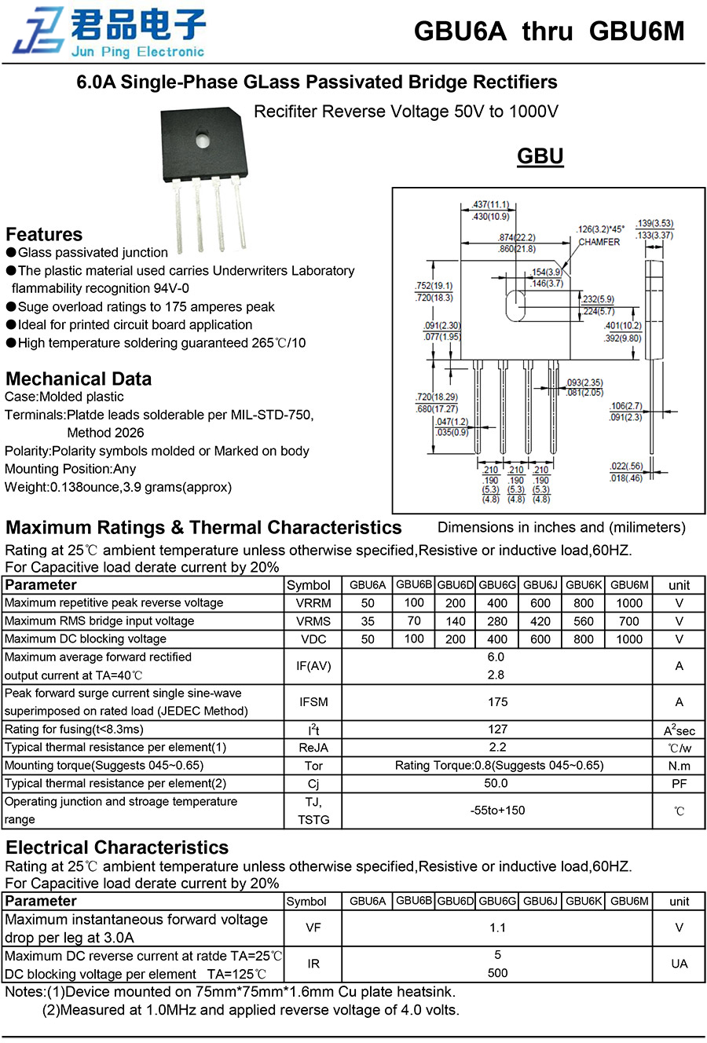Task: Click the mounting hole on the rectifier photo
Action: pos(203,142)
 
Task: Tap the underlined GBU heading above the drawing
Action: pos(540,156)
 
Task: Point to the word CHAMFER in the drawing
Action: pos(599,243)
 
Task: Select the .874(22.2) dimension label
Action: pos(516,238)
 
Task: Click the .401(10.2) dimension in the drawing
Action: pos(622,326)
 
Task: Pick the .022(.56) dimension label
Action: pos(626,467)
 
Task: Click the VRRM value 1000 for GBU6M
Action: pos(628,603)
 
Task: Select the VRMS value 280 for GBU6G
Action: pos(497,621)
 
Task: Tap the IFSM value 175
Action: pos(497,702)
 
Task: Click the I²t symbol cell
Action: pos(313,730)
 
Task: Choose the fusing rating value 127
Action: pos(497,730)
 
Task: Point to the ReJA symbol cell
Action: pos(313,748)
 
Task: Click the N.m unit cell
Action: pos(679,766)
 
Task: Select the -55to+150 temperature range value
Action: pos(497,811)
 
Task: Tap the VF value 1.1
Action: pos(497,928)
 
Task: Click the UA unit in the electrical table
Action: pos(679,964)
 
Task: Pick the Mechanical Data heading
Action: pos(79,379)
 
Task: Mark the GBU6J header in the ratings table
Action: pos(540,585)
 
